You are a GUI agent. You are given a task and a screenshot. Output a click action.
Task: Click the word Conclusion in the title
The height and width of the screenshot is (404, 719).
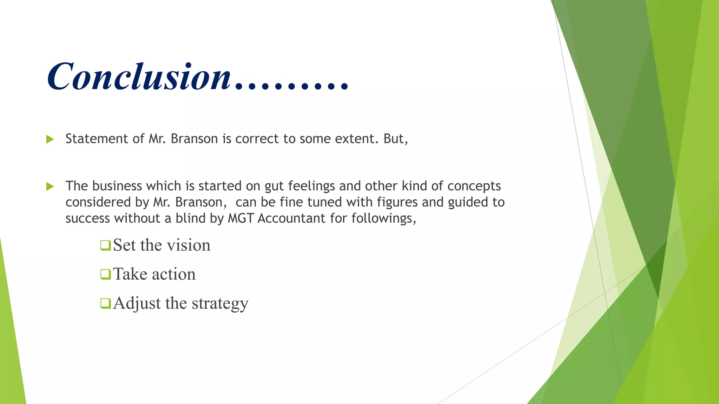point(139,76)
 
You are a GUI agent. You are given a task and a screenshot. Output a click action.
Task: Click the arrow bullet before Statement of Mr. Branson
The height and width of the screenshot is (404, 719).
point(50,140)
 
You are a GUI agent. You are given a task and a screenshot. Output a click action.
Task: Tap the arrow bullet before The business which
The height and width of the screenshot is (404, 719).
point(50,187)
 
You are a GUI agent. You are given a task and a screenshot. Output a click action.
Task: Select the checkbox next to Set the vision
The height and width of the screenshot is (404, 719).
point(105,245)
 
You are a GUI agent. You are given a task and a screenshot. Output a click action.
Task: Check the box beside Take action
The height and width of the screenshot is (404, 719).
point(105,274)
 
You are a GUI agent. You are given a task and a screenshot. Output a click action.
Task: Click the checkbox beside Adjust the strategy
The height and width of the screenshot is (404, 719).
point(105,303)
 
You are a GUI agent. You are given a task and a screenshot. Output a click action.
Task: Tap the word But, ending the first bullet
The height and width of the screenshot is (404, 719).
point(396,139)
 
